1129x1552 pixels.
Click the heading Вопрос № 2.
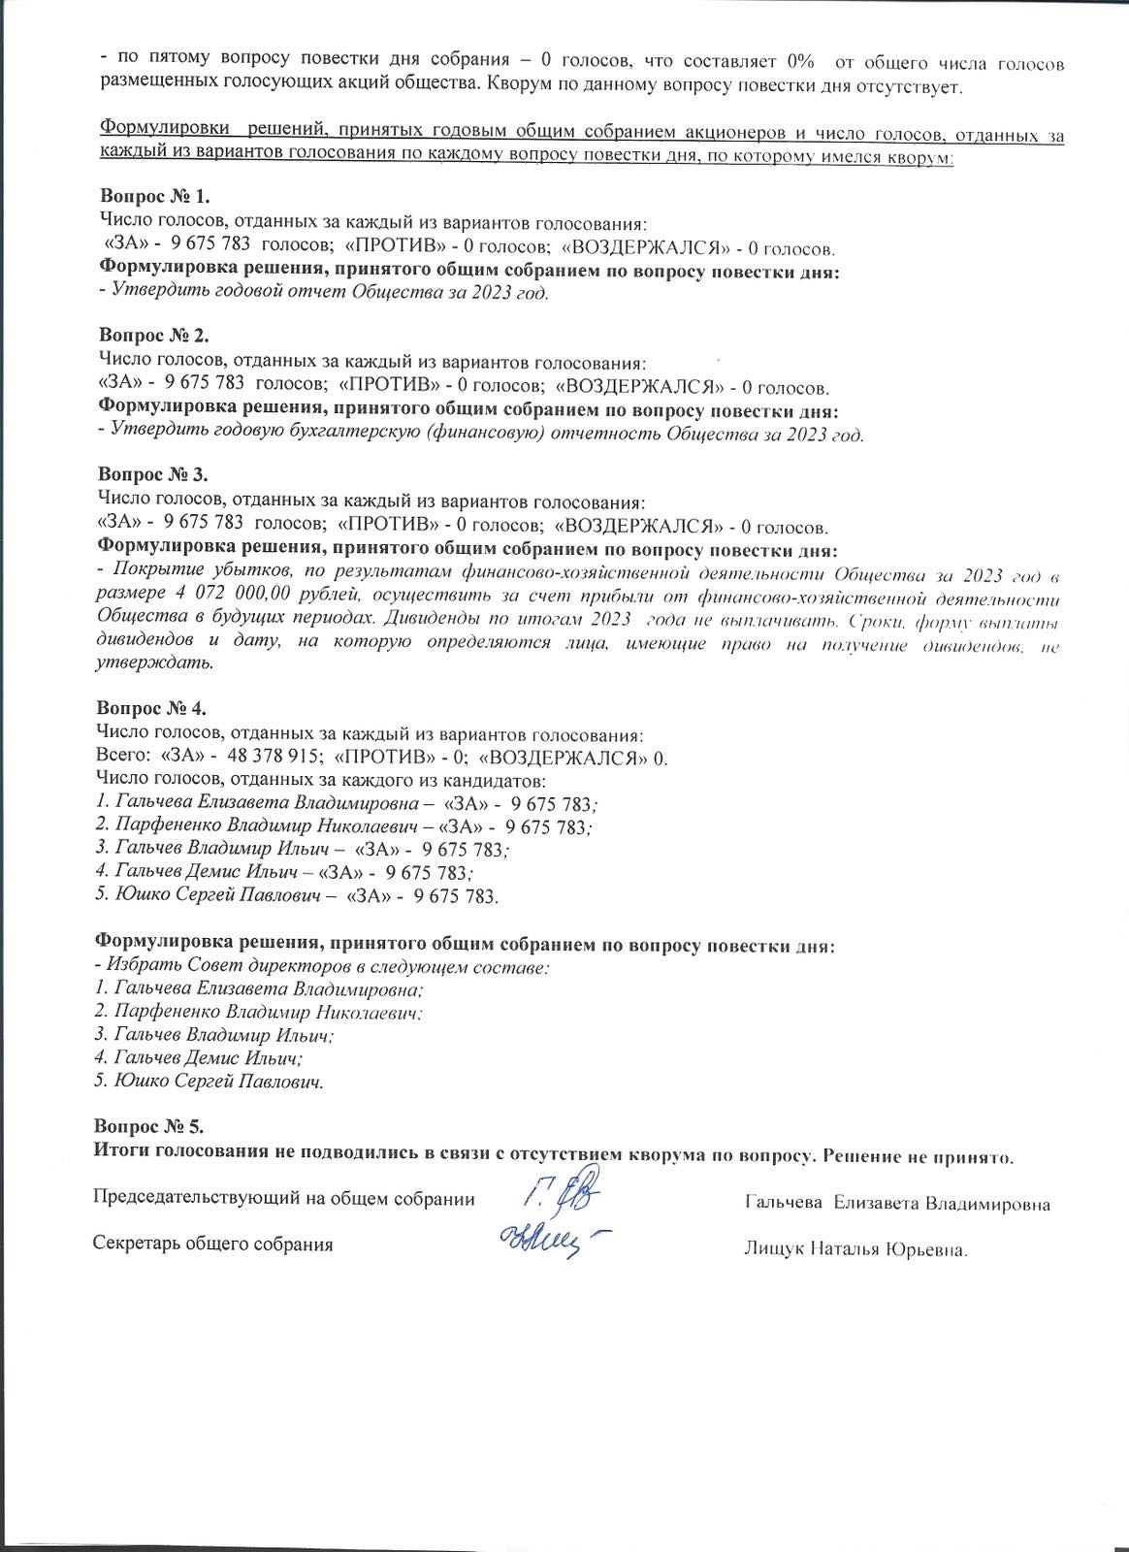(153, 337)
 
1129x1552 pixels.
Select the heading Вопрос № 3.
(153, 474)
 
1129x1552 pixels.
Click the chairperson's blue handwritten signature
(562, 1193)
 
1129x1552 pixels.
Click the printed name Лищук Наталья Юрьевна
(855, 1249)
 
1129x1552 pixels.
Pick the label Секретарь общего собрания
(212, 1245)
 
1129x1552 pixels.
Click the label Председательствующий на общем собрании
(283, 1199)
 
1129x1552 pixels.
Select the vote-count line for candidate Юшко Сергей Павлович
(297, 896)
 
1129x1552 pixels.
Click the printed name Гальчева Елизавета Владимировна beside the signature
(897, 1204)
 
